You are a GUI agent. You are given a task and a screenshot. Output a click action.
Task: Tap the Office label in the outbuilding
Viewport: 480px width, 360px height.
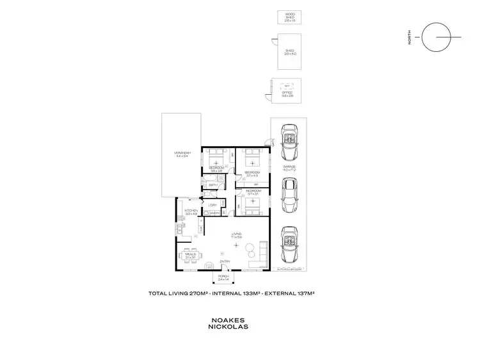click(x=287, y=94)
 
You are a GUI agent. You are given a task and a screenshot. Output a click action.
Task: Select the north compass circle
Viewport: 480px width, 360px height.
click(x=441, y=40)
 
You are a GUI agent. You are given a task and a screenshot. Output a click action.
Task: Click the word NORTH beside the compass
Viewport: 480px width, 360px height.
click(x=410, y=40)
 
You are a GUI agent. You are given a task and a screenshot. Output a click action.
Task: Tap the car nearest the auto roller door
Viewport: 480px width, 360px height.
click(x=290, y=245)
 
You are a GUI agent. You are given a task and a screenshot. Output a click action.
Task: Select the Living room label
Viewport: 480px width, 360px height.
click(x=236, y=235)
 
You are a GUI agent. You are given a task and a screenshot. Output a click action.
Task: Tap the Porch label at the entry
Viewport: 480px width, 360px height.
click(x=223, y=277)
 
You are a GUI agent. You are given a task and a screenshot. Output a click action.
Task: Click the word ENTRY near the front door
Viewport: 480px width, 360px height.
click(x=225, y=261)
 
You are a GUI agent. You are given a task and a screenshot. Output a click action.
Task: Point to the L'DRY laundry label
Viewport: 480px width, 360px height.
click(x=212, y=205)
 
